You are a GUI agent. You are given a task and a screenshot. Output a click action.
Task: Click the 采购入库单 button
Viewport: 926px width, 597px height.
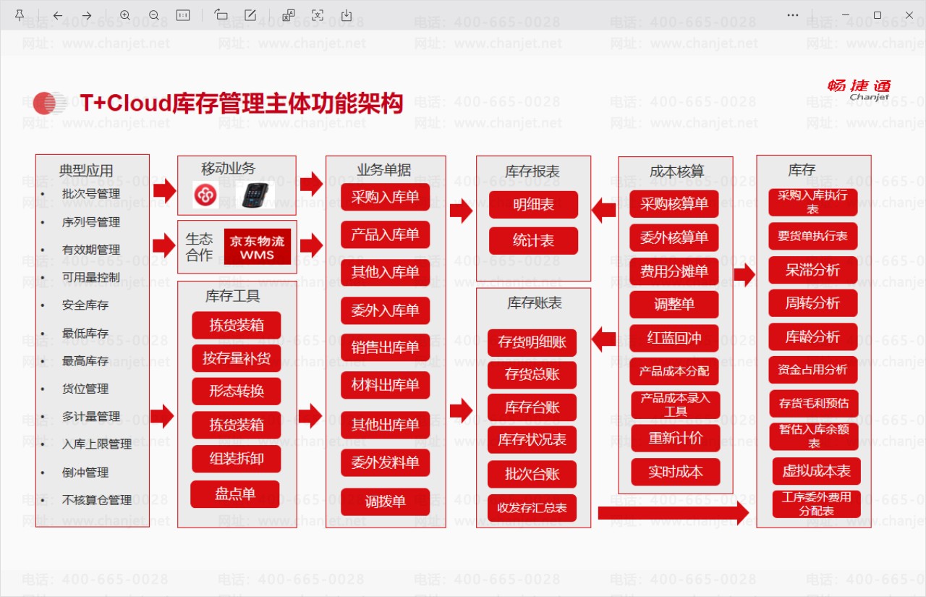click(386, 198)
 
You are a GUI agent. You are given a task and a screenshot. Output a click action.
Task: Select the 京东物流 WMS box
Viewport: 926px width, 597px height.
click(257, 247)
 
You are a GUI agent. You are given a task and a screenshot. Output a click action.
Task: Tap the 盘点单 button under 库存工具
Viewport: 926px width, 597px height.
click(235, 494)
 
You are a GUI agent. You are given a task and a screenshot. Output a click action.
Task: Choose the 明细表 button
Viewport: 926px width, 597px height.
click(533, 205)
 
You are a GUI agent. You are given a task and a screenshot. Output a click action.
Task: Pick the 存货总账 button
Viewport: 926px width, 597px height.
click(532, 375)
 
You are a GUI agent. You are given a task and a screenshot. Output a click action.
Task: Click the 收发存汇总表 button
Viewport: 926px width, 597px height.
click(532, 508)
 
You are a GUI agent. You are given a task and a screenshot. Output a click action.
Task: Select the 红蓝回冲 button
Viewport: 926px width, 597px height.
click(674, 338)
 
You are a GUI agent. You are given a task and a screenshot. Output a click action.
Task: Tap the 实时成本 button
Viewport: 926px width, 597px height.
click(676, 472)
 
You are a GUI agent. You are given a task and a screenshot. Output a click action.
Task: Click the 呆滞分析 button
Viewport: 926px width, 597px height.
click(812, 270)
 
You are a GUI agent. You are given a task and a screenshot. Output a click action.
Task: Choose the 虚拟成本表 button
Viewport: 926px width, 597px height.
click(817, 471)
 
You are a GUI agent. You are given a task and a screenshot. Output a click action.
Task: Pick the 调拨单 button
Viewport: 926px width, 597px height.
click(386, 501)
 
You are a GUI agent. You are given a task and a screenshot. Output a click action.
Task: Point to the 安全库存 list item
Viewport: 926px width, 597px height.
click(85, 305)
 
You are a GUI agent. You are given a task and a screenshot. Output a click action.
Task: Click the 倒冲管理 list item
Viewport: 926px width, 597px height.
click(85, 472)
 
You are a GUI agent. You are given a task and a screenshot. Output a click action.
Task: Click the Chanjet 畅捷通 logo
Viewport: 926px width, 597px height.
click(859, 90)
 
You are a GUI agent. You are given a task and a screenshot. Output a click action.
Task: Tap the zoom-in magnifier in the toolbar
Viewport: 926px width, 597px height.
click(125, 16)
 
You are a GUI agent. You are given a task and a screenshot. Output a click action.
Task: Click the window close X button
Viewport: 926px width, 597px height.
click(909, 15)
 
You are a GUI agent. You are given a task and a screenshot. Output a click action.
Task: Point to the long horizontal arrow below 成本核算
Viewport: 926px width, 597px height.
click(674, 512)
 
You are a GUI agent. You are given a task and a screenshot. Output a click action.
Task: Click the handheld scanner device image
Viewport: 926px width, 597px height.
click(255, 195)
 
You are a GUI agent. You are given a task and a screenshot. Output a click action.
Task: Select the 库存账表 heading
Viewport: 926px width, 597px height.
click(534, 303)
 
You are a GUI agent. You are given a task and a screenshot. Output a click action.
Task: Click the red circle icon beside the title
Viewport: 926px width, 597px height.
click(45, 103)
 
